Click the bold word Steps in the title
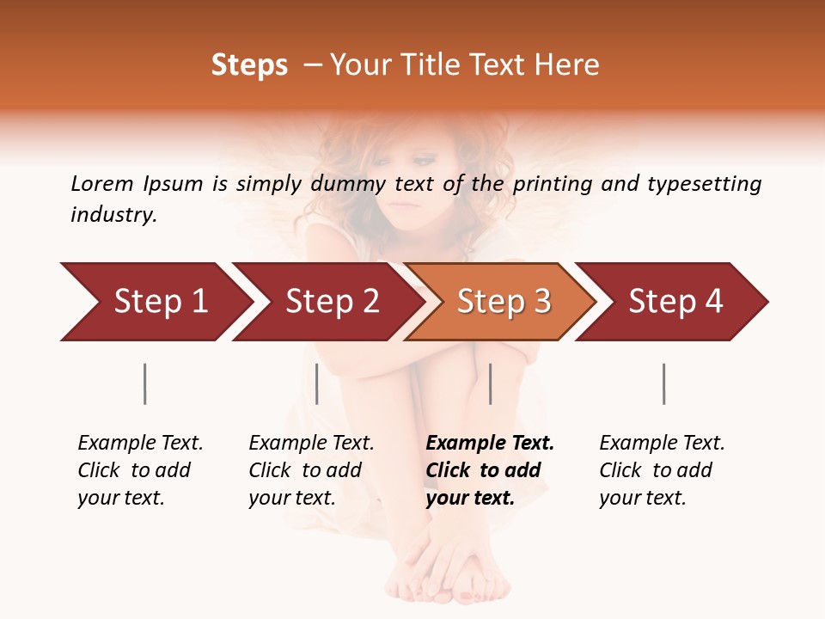point(249,65)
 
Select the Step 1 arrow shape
point(155,302)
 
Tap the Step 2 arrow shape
point(327,302)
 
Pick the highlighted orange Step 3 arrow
point(500,302)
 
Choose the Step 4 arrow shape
point(672,302)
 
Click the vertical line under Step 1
point(145,383)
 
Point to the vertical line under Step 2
point(317,383)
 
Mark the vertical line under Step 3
point(490,383)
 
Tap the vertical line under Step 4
point(663,383)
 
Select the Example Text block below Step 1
point(140,470)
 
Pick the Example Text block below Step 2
point(311,470)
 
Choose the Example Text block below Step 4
point(662,470)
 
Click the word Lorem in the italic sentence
point(102,183)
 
